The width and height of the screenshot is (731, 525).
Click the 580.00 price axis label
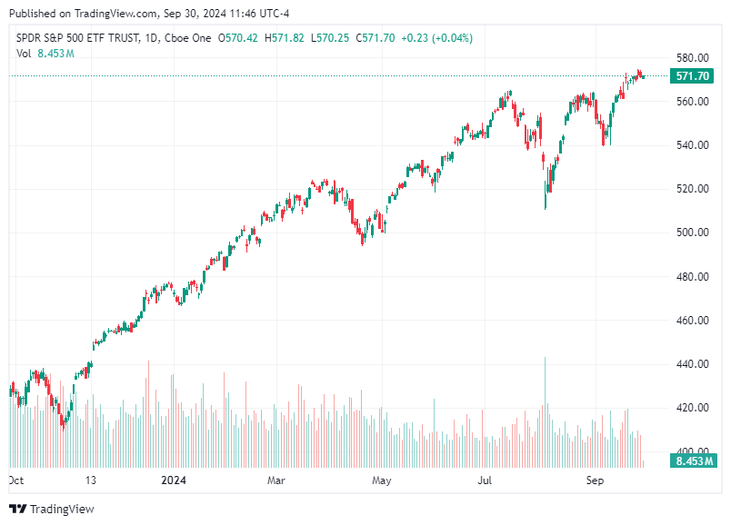coord(692,57)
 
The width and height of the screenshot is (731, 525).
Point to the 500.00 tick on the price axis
coord(692,233)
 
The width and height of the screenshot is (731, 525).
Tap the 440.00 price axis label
coord(692,364)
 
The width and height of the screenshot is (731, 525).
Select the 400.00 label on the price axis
coord(692,451)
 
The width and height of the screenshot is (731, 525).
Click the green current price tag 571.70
coord(692,76)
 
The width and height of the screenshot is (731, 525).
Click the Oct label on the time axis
coord(15,479)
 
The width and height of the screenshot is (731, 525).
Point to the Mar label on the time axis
coord(277,479)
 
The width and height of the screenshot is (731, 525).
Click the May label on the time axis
coord(381,479)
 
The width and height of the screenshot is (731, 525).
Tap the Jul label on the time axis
coord(486,479)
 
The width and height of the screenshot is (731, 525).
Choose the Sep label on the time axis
coord(595,479)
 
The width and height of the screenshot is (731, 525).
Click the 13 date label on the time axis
coord(92,479)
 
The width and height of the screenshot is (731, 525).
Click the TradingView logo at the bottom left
coord(52,509)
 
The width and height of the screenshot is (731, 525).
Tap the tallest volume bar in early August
coord(545,409)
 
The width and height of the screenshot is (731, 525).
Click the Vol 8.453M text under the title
coord(45,54)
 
